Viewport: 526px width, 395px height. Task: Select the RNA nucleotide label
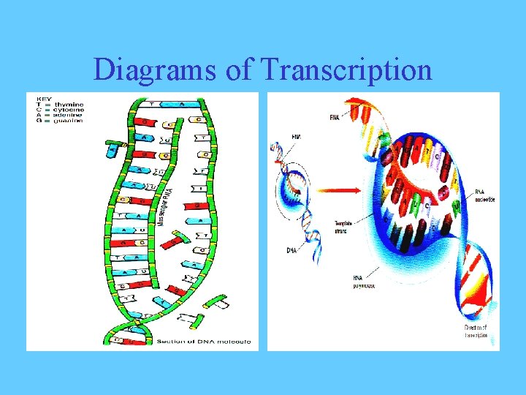[485, 197]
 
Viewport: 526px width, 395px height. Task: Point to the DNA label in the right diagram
[292, 249]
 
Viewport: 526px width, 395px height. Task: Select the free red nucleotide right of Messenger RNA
[177, 239]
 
